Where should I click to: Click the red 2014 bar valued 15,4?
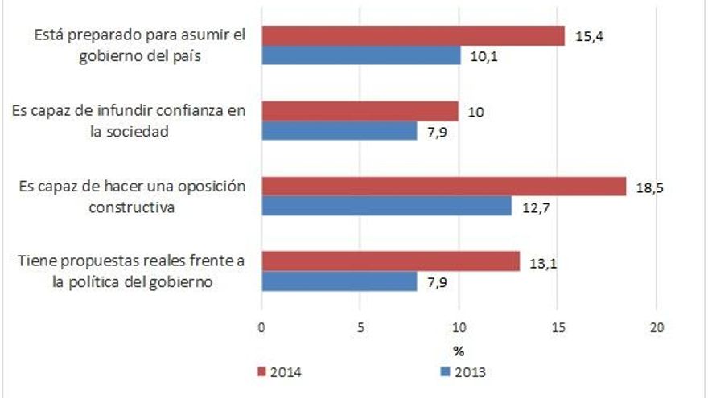click(413, 36)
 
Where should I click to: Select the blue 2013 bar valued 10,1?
click(360, 55)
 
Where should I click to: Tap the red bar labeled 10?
click(360, 112)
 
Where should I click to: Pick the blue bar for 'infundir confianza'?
click(339, 131)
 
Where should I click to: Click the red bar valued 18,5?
click(443, 187)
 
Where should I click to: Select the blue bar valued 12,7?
click(386, 206)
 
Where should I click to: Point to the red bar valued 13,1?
click(390, 262)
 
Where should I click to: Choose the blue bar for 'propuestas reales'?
click(339, 281)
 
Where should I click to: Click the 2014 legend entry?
click(278, 371)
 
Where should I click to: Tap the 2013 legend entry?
click(463, 371)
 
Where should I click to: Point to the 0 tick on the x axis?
click(261, 328)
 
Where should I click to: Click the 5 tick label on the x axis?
click(360, 328)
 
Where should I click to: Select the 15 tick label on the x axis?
click(558, 328)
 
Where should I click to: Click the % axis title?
click(459, 351)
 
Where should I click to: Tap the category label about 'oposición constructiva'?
click(131, 196)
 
